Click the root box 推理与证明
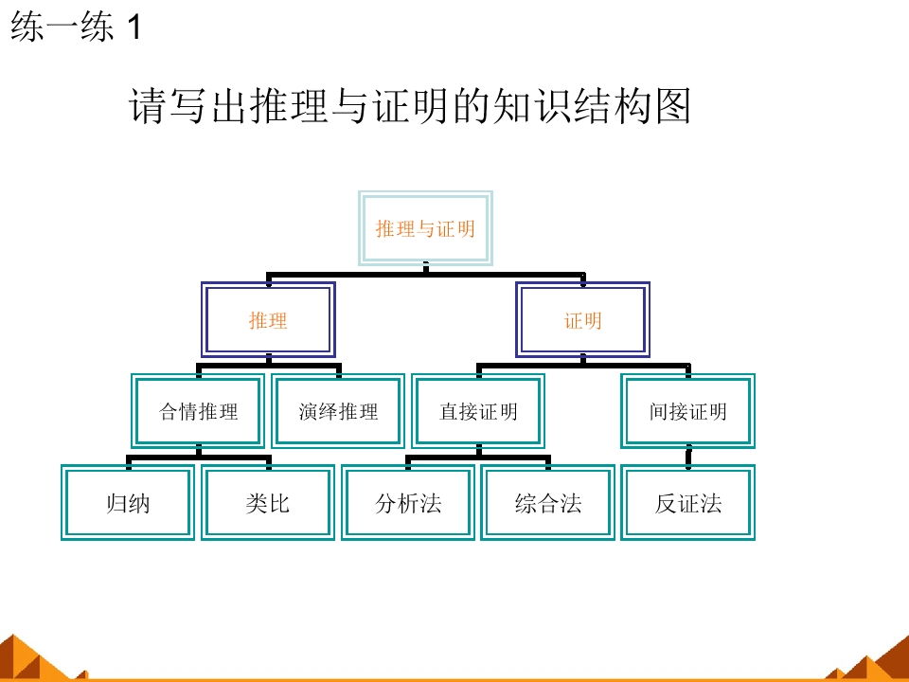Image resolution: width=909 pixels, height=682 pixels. coord(425,228)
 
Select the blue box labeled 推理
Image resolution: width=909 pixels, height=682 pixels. coord(268,319)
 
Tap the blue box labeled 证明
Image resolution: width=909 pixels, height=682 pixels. coord(582,319)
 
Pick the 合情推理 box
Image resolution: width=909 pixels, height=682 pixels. coord(198,411)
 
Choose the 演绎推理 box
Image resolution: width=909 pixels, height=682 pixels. coord(339,411)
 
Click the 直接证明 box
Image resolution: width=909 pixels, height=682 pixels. coord(478,411)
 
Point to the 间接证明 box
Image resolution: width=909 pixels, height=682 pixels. coord(688,411)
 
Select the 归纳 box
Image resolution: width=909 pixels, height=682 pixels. coord(128,503)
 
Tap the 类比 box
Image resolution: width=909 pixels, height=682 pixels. coord(268,503)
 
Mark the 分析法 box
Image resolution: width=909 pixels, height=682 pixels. coord(408,503)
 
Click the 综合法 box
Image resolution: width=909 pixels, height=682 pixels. coord(548,503)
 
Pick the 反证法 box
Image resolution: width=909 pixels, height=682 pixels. coord(688,503)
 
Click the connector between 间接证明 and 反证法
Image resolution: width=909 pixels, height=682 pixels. coord(688,457)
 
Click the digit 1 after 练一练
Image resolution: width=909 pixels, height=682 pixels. coord(134,27)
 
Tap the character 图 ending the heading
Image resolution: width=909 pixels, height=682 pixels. coord(673,105)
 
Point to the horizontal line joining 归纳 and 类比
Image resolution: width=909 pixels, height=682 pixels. coord(198,458)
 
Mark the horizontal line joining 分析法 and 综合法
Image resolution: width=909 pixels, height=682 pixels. coord(478,458)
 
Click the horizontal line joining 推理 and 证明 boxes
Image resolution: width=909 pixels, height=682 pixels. coord(425,275)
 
